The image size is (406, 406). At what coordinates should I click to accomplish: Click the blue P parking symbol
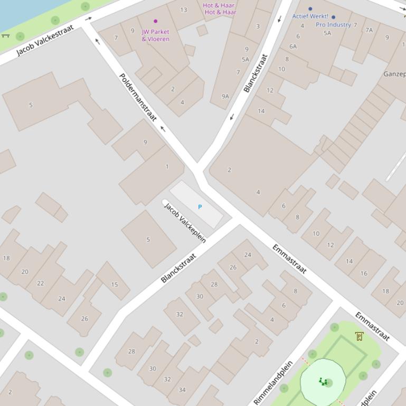click(200, 207)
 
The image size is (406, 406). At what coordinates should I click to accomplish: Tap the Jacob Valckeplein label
click(185, 222)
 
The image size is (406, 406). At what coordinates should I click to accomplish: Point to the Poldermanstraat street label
click(138, 97)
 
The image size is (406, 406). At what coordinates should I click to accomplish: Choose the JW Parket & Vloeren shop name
click(155, 35)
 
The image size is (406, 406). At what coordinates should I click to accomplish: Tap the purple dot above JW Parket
click(155, 22)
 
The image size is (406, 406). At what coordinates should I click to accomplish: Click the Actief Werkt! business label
click(310, 16)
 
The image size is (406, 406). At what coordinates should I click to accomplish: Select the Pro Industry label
click(333, 25)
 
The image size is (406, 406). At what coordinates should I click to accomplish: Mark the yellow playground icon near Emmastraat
click(360, 336)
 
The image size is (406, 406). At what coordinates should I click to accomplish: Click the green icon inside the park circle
click(323, 381)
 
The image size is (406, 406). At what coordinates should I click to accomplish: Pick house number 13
click(183, 9)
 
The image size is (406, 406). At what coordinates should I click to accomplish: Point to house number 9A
click(225, 96)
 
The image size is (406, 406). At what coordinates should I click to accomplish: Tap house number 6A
click(292, 46)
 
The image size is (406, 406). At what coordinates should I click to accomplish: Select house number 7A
click(369, 30)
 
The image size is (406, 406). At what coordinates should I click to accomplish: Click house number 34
click(182, 390)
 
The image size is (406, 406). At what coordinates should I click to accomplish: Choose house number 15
click(115, 285)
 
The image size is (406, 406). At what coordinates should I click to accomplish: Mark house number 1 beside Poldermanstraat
click(167, 167)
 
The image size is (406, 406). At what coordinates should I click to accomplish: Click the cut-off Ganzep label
click(394, 74)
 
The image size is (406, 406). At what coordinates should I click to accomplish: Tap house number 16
click(364, 274)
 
